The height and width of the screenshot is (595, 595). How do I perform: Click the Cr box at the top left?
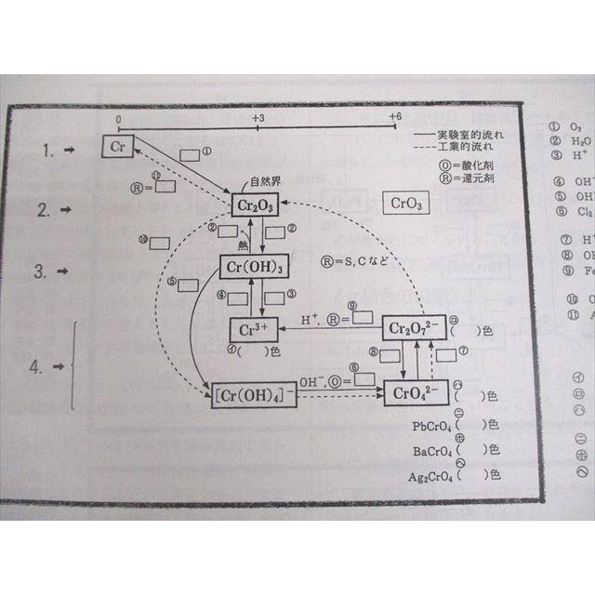tap(119, 147)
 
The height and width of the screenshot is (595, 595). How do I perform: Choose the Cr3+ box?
tap(253, 330)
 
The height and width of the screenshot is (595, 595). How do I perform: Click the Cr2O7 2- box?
tap(410, 329)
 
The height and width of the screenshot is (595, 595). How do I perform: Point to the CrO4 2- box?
tap(410, 390)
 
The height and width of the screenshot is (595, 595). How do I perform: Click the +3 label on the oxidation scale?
tap(258, 118)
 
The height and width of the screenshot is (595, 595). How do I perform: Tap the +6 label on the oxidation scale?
tap(395, 117)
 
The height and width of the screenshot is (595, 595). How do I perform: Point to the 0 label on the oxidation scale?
tap(118, 119)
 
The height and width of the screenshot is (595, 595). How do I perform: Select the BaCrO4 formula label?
tap(433, 451)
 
